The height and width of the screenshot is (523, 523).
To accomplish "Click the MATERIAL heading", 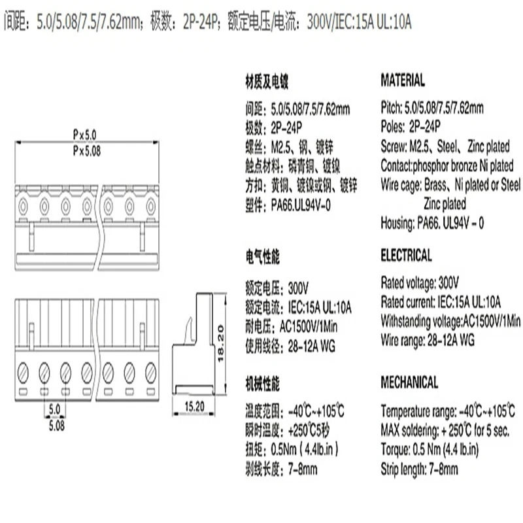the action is pyautogui.click(x=403, y=80).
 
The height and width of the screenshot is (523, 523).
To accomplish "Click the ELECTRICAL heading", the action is pyautogui.click(x=406, y=255).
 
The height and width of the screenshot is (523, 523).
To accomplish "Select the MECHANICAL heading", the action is pyautogui.click(x=409, y=382).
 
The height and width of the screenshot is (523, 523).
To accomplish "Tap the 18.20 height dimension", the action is pyautogui.click(x=220, y=344).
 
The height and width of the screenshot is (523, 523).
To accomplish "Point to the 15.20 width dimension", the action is pyautogui.click(x=194, y=407).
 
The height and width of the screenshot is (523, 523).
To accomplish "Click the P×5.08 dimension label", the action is pyautogui.click(x=87, y=151).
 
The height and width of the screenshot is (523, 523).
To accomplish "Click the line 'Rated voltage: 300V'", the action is pyautogui.click(x=420, y=283).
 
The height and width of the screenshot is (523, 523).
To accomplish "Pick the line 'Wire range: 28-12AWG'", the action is pyautogui.click(x=428, y=341).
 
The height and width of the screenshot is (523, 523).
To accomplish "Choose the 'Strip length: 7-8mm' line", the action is pyautogui.click(x=419, y=469).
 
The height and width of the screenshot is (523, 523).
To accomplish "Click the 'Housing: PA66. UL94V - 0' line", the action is pyautogui.click(x=432, y=223).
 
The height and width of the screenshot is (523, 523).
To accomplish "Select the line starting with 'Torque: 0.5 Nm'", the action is pyautogui.click(x=430, y=450).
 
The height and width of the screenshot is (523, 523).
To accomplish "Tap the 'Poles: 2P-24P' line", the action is pyautogui.click(x=411, y=126).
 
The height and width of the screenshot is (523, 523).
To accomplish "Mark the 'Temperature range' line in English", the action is pyautogui.click(x=448, y=411).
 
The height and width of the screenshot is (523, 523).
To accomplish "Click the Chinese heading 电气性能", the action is pyautogui.click(x=263, y=257).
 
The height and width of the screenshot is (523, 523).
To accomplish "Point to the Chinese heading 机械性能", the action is pyautogui.click(x=263, y=384).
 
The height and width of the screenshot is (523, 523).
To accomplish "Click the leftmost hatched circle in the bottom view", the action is pyautogui.click(x=23, y=372).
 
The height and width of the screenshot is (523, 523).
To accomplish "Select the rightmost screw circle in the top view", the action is pyautogui.click(x=151, y=207).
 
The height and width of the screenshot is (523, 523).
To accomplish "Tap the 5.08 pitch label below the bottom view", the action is pyautogui.click(x=57, y=426).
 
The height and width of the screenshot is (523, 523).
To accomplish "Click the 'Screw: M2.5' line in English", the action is pyautogui.click(x=445, y=146).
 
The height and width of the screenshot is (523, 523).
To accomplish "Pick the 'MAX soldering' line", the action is pyautogui.click(x=445, y=431).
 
